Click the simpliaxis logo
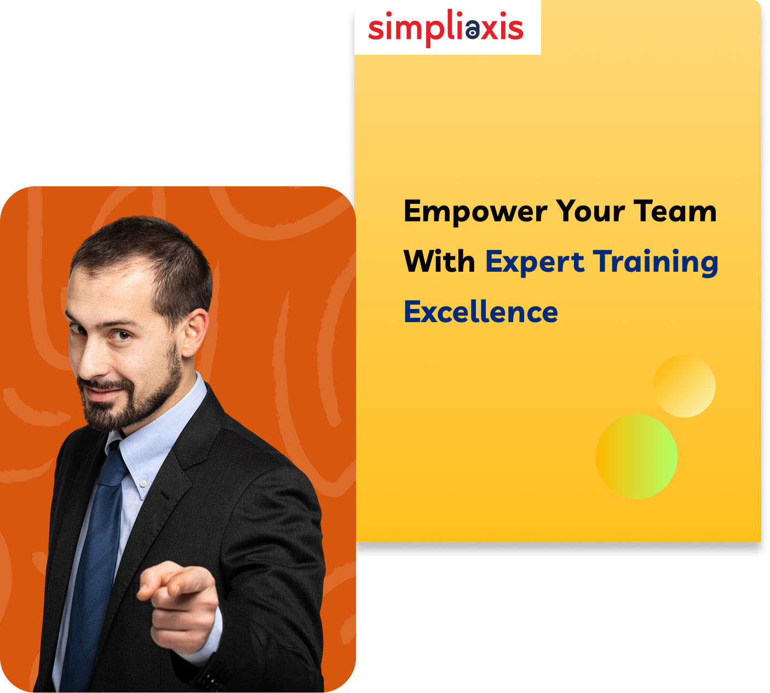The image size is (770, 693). (445, 28)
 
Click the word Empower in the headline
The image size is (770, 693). (475, 211)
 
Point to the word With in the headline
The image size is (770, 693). (440, 261)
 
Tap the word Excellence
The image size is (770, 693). (481, 311)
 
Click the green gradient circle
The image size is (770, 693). (636, 457)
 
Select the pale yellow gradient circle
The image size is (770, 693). (685, 386)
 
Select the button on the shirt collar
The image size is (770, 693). (143, 483)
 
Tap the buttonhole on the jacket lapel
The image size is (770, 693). (165, 495)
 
